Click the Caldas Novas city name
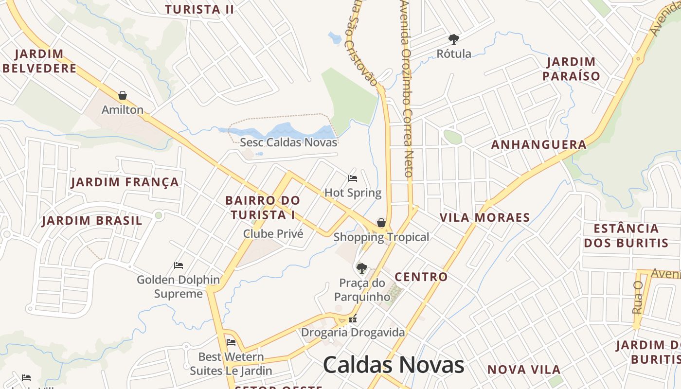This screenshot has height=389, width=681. pos(393,365)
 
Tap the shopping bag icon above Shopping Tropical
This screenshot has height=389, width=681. pos(381,223)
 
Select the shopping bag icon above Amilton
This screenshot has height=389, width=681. pos(123,95)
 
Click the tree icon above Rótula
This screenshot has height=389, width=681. pos(453,39)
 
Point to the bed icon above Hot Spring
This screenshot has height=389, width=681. pos(353,178)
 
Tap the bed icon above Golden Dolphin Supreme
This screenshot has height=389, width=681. pos(179,265)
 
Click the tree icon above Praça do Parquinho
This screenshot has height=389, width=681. pos(361,268)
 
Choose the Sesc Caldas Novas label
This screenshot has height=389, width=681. pos(288,142)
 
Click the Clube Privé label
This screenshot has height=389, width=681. pos(273,234)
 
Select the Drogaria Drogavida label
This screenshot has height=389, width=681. pos(353,333)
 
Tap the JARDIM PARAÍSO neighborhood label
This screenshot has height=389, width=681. pos(571,69)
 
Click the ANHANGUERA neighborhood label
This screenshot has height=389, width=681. pos(539,145)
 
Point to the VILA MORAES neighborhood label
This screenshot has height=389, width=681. pos(484,217)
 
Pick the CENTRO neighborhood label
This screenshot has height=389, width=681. pos(421,277)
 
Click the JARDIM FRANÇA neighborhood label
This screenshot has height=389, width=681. pos(125,182)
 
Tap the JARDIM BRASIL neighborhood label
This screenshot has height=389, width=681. pos(92,221)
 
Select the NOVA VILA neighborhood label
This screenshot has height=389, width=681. pos(524,370)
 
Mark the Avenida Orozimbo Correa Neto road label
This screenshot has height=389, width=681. pos(407,88)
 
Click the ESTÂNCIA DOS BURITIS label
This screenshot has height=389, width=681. pos(626,236)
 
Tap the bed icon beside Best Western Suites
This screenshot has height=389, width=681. pos(231,342)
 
